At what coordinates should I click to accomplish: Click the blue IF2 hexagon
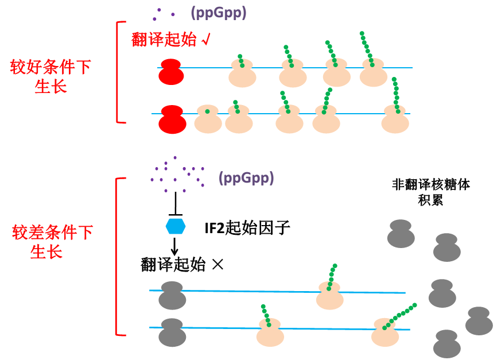coord(176,226)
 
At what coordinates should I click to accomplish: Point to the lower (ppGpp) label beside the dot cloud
coord(246,178)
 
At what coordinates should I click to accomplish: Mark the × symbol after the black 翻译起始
coord(217,265)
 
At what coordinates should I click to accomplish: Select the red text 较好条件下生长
coord(51,77)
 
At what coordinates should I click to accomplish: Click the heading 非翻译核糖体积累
coord(430,192)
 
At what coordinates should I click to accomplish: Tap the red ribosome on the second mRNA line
coord(173,119)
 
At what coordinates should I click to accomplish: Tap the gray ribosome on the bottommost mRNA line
coord(173,332)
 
